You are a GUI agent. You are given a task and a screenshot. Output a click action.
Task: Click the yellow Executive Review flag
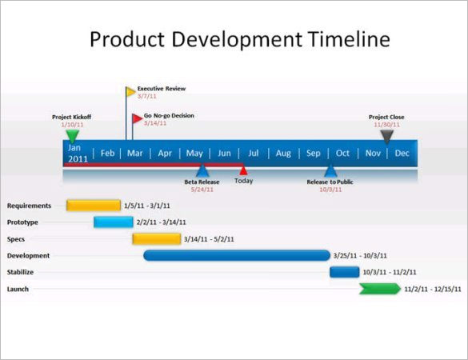130,92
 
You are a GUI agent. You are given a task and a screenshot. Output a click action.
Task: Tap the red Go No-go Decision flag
137,119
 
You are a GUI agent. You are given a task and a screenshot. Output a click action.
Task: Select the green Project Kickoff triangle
73,136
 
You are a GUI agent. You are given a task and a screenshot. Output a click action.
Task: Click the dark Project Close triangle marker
386,135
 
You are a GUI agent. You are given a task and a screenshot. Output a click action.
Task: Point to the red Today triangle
243,170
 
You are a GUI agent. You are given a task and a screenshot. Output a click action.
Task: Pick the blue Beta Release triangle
202,170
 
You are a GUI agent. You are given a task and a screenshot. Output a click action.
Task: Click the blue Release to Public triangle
330,170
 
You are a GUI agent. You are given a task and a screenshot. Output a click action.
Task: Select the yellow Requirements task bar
94,206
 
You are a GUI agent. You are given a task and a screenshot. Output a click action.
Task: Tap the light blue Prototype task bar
113,222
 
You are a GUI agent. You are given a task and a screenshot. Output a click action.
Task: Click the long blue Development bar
236,255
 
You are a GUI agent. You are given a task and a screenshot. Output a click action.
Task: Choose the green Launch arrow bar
379,289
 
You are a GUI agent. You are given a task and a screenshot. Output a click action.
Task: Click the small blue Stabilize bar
344,272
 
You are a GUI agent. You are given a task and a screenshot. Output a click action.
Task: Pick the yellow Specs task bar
156,238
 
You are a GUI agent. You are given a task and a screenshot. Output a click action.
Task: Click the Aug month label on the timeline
283,154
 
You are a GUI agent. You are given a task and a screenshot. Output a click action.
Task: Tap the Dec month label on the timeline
402,154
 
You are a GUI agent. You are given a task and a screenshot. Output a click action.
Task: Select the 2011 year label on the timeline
78,158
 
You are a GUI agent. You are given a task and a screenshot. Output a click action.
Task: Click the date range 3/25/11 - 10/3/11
360,256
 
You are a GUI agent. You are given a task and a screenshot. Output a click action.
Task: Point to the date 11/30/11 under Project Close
386,125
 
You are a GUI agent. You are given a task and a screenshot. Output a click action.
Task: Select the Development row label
29,256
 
